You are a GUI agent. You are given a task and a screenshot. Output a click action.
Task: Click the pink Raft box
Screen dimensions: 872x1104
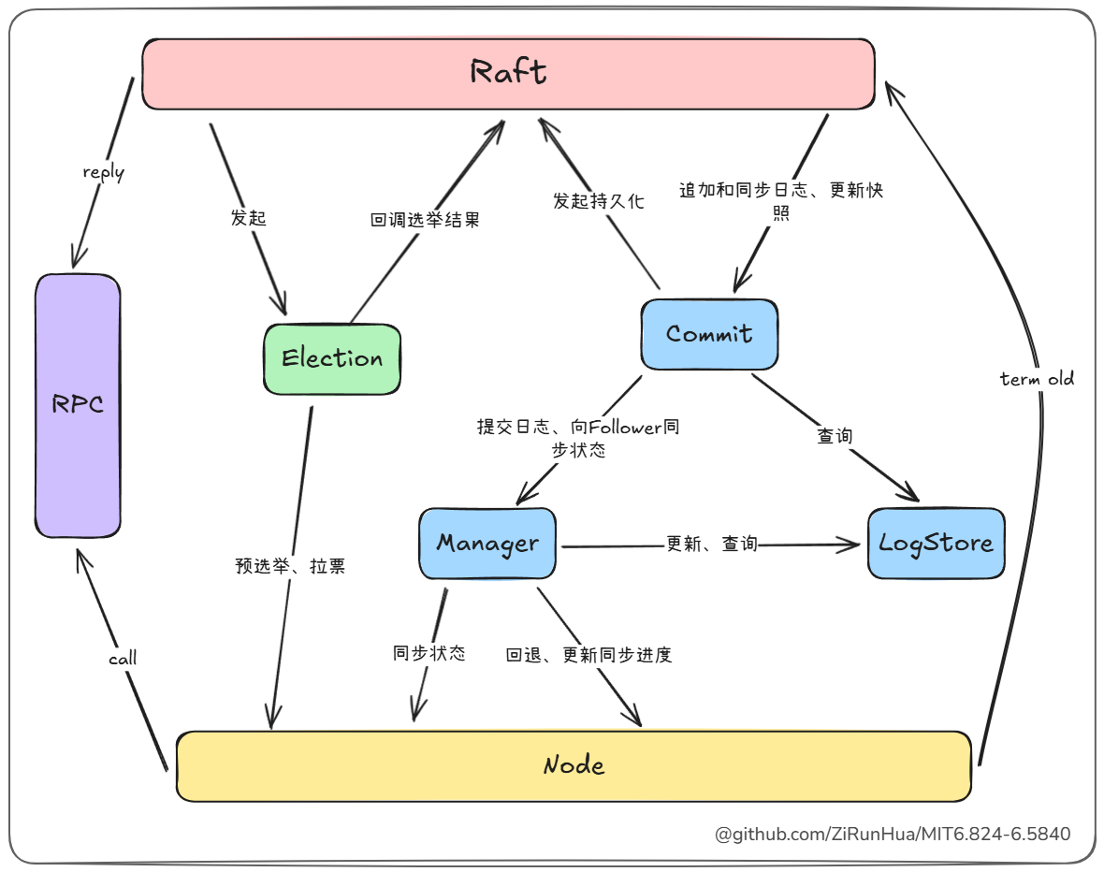point(508,73)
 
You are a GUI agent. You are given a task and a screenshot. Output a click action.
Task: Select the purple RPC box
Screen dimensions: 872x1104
point(78,405)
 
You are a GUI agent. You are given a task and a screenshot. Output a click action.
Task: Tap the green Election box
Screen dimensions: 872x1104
point(332,358)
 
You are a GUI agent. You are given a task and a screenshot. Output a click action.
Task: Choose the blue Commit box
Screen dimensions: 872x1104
point(709,334)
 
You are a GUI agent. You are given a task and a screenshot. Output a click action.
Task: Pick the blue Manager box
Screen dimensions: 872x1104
point(487,544)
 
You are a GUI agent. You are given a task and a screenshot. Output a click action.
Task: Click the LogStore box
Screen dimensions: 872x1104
point(936,544)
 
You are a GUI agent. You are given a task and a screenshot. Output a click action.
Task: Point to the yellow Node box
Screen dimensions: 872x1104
point(574,766)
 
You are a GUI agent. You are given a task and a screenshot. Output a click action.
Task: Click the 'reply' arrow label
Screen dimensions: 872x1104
point(103,172)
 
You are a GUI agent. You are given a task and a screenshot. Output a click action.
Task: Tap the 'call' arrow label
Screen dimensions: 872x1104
point(123,659)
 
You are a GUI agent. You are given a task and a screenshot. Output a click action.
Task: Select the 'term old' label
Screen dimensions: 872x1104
point(1037,379)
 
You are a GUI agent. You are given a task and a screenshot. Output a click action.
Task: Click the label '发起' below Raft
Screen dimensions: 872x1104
point(249,218)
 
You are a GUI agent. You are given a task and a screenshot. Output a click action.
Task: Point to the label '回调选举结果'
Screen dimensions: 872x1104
point(426,221)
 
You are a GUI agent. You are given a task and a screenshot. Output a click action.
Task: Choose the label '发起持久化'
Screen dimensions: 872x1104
point(598,201)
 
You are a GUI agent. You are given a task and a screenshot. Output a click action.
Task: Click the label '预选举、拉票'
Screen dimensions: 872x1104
point(290,566)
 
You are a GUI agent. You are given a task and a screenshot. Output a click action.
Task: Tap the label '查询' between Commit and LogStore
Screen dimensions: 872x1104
point(835,436)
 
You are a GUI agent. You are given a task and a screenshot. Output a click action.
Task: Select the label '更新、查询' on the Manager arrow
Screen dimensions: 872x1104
point(711,544)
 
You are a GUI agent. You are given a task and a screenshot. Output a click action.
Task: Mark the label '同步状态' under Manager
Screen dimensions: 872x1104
point(429,653)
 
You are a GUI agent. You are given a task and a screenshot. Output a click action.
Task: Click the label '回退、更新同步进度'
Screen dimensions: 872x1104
point(589,655)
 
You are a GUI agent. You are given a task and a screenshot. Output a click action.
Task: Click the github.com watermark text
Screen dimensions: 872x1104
point(893,834)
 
